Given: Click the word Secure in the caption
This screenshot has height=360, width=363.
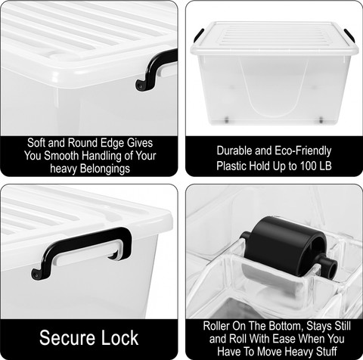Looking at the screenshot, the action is (67, 337).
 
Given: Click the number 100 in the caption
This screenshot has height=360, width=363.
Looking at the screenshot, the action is (309, 166).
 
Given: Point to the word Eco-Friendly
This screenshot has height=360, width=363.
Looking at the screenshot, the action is (302, 151).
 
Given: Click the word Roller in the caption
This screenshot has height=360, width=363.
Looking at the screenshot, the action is (216, 326).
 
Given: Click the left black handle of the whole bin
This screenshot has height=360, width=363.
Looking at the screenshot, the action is (199, 36).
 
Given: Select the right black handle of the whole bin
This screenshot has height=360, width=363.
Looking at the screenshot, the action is (349, 36).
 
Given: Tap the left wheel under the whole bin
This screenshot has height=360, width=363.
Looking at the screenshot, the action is (227, 120).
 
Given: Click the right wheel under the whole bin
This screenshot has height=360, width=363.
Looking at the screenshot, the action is (321, 120).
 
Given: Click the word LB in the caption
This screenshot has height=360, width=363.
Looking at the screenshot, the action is (326, 166).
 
